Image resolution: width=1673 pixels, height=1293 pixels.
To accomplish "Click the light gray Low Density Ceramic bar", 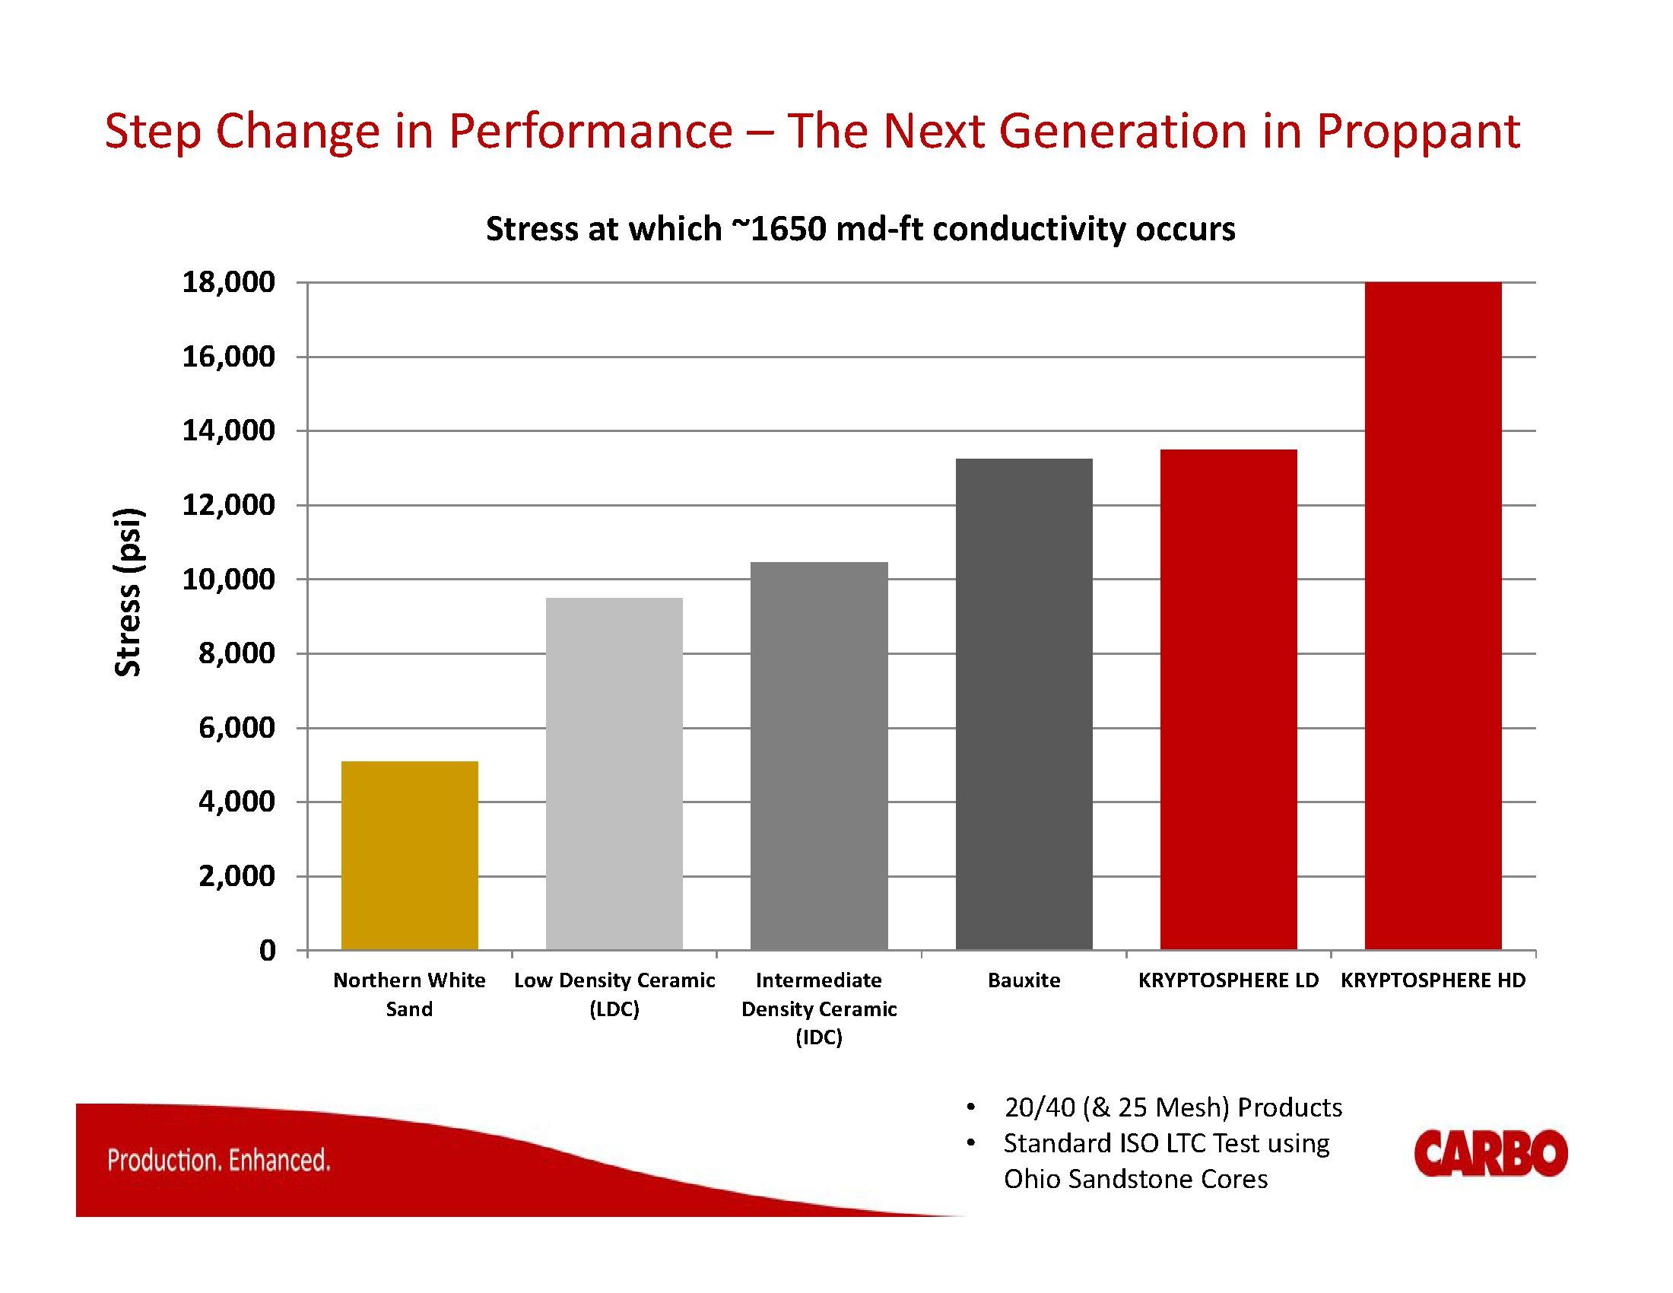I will [x=614, y=774].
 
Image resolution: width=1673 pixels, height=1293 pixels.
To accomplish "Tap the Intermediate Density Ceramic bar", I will [x=819, y=756].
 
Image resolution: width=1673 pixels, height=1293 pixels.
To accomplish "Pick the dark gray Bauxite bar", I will [x=1024, y=704].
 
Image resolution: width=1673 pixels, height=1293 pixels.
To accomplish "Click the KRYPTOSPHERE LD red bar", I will [x=1228, y=699].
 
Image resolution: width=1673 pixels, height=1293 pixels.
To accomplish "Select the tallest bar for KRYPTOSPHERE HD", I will [x=1433, y=616].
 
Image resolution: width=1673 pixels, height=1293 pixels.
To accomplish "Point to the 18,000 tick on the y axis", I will [x=228, y=283].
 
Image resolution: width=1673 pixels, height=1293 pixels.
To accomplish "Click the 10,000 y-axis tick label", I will [x=228, y=579].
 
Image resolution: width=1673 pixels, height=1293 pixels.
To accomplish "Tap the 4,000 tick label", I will [x=236, y=802].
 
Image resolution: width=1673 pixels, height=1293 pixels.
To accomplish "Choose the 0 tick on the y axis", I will [x=267, y=951].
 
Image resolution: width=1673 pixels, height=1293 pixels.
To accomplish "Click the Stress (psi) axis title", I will [x=128, y=592].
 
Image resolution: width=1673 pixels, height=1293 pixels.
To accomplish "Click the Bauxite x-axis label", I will [x=1024, y=980].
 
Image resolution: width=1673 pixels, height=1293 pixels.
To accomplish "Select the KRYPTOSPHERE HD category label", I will [x=1433, y=980].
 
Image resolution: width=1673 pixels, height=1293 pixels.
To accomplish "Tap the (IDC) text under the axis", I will [x=819, y=1038].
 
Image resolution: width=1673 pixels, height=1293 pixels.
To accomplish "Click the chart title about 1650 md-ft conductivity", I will [x=860, y=229].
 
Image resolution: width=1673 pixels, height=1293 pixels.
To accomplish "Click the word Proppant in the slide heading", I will [x=1417, y=132].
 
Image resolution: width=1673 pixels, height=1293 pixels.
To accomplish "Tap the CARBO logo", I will [x=1490, y=1153].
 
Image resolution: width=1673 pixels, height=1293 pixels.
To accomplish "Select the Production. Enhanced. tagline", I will [x=219, y=1160].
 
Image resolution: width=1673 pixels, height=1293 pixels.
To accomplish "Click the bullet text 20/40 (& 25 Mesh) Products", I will [x=1172, y=1107].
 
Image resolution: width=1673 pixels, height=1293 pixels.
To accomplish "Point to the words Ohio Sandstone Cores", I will [x=1135, y=1179].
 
